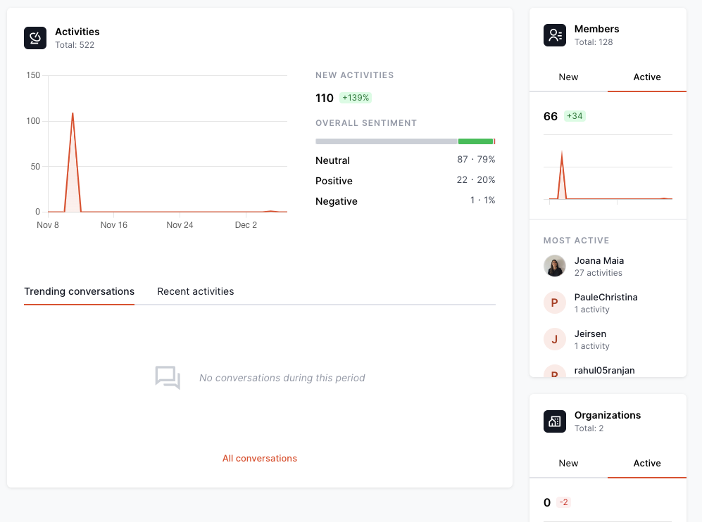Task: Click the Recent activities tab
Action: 195,291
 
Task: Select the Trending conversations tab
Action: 79,291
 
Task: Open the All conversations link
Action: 260,459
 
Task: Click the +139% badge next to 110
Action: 356,98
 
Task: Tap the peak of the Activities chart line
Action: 73,113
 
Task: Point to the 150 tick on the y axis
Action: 32,75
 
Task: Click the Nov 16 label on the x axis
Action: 113,225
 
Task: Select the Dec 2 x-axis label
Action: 246,225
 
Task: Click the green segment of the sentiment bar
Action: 475,141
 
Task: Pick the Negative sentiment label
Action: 337,201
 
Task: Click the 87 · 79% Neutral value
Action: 476,160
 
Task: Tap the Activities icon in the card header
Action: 35,38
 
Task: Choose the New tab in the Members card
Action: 568,77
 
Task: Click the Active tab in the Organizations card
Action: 647,464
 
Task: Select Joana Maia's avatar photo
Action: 555,266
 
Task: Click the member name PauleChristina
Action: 606,298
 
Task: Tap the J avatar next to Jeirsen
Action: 555,339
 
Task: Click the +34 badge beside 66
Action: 575,116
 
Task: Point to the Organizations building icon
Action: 555,421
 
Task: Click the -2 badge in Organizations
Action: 563,502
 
